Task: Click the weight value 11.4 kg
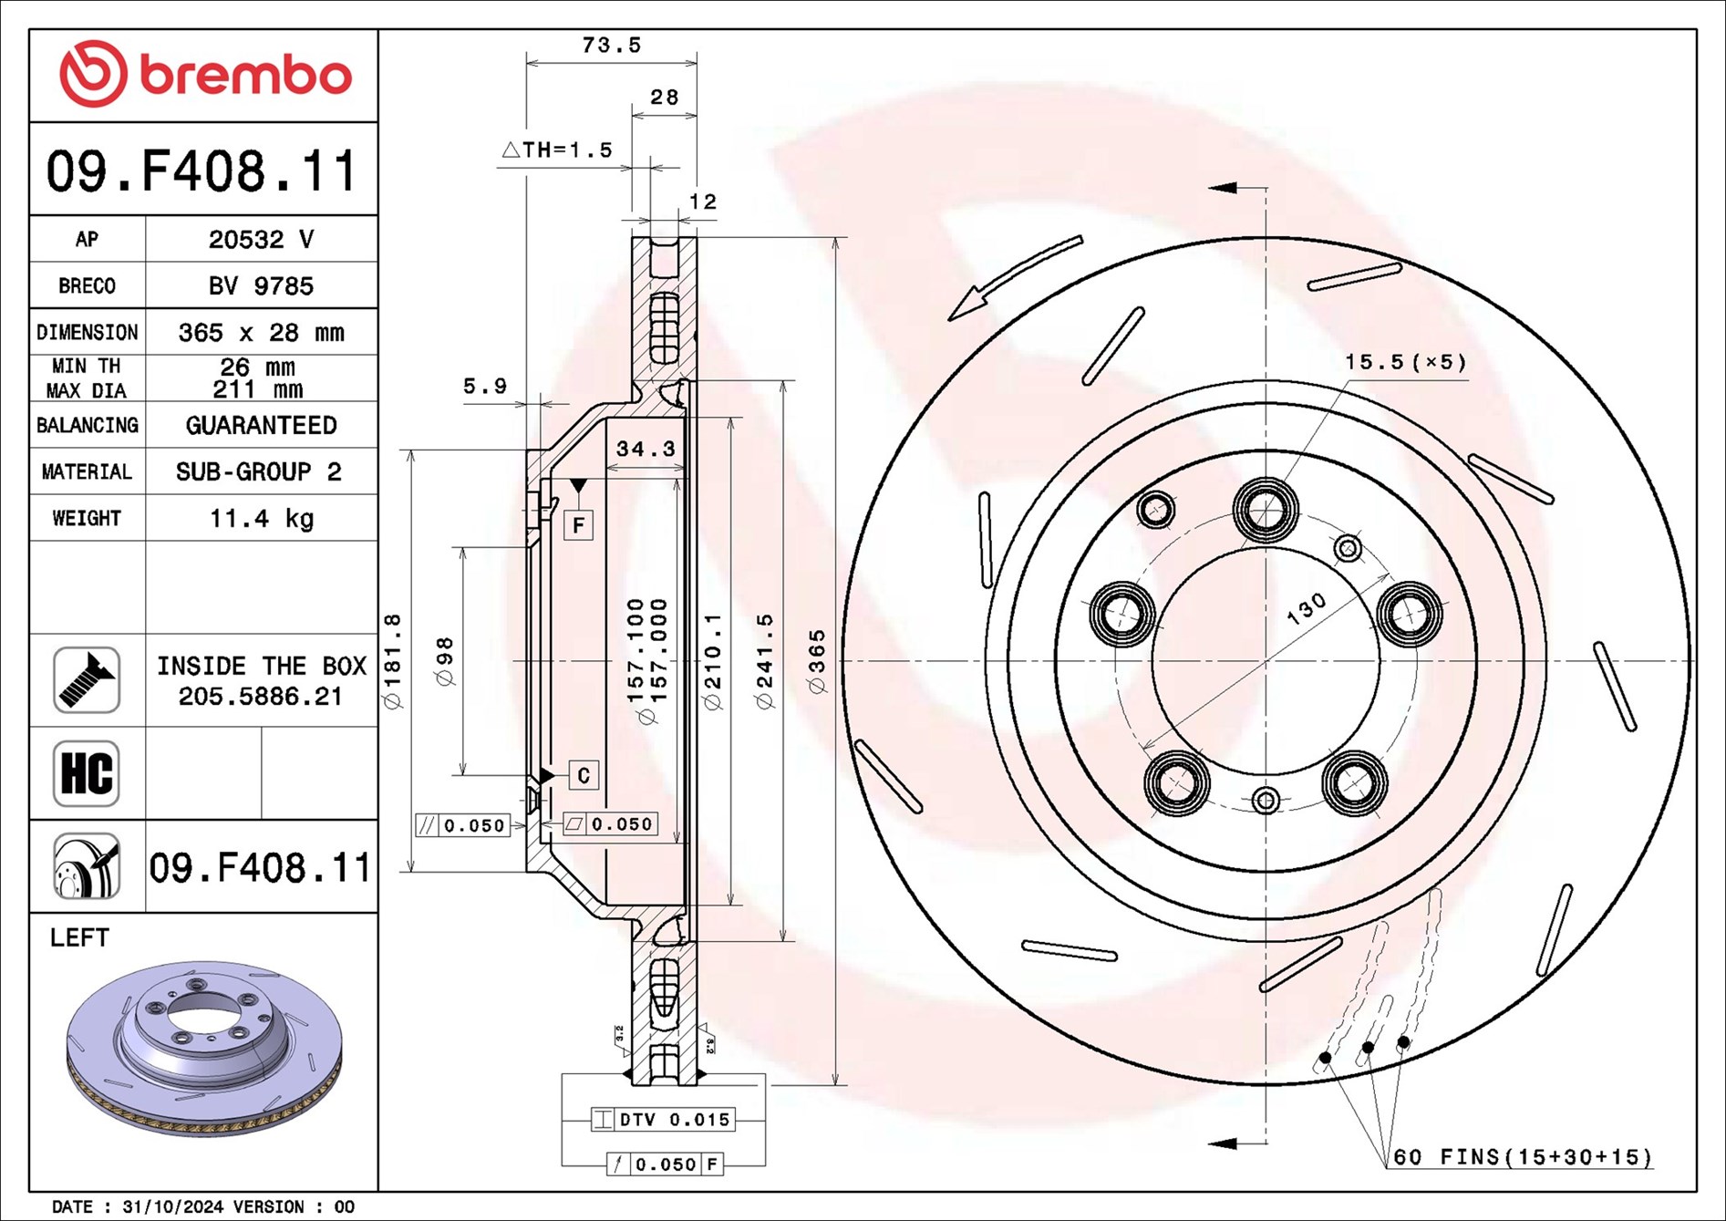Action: tap(262, 519)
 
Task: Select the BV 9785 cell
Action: tap(261, 286)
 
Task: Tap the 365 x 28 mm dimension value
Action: tap(261, 333)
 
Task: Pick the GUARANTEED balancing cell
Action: tap(261, 426)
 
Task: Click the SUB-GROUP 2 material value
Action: tap(259, 472)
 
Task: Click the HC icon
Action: tap(87, 773)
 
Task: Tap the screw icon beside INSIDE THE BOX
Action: tap(87, 680)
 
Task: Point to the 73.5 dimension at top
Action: tap(612, 46)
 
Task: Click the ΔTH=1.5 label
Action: tap(557, 150)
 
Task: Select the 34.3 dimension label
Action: tap(646, 449)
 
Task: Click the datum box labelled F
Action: tap(578, 525)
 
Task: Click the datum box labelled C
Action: tap(584, 775)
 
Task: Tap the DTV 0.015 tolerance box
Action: tap(663, 1120)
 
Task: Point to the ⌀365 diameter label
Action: tap(817, 661)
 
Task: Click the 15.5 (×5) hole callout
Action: tap(1405, 362)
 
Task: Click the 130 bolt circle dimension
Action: tap(1306, 609)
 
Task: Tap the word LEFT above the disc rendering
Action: tap(79, 938)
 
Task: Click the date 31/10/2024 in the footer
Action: tap(172, 1207)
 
